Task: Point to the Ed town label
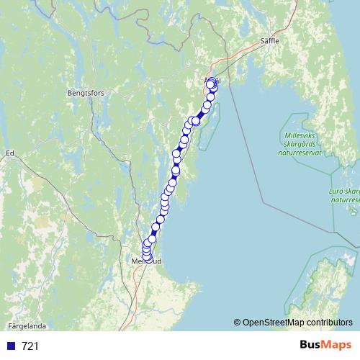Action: (x=10, y=153)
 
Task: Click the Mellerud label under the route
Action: (x=148, y=261)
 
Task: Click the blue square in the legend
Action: (x=11, y=346)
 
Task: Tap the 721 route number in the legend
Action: (x=30, y=346)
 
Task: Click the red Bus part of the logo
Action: (x=311, y=346)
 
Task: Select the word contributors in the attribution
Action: (x=333, y=323)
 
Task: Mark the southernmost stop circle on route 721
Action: (x=148, y=258)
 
